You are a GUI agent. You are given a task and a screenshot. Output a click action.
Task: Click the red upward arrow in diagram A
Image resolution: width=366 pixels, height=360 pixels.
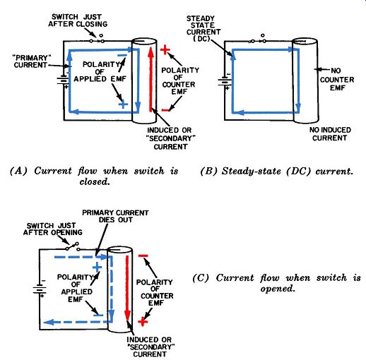pyautogui.click(x=151, y=79)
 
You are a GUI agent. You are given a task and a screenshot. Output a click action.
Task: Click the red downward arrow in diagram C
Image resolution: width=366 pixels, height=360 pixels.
pyautogui.click(x=127, y=287)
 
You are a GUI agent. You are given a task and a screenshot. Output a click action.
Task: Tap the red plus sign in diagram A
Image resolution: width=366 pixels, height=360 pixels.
pyautogui.click(x=165, y=50)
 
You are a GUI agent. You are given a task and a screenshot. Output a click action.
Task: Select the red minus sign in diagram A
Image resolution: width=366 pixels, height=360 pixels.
pyautogui.click(x=165, y=110)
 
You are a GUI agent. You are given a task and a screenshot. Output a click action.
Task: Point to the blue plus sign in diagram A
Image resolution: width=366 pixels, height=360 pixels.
pyautogui.click(x=123, y=104)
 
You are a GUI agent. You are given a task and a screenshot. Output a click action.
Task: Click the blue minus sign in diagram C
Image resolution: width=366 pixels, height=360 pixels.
pyautogui.click(x=98, y=316)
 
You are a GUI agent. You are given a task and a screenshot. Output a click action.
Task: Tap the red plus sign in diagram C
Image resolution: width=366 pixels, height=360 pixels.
pyautogui.click(x=143, y=321)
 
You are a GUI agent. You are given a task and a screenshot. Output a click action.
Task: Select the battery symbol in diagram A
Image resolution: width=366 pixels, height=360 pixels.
pyautogui.click(x=63, y=80)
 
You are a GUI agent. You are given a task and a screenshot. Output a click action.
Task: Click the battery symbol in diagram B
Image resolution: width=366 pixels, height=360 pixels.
pyautogui.click(x=225, y=82)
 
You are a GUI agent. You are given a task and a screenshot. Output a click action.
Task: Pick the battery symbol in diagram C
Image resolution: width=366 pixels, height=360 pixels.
pyautogui.click(x=40, y=289)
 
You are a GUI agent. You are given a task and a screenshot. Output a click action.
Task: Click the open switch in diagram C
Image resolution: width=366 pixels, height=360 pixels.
pyautogui.click(x=73, y=246)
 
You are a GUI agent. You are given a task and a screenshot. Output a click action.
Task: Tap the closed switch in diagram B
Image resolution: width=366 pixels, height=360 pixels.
pyautogui.click(x=258, y=40)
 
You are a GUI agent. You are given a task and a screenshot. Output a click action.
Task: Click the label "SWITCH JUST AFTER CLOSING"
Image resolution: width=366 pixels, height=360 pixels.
pyautogui.click(x=78, y=20)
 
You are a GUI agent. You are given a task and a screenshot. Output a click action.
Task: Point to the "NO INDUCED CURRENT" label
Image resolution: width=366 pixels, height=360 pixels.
pyautogui.click(x=330, y=134)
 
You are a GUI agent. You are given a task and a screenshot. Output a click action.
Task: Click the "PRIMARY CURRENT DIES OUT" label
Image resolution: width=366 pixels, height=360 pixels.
pyautogui.click(x=115, y=216)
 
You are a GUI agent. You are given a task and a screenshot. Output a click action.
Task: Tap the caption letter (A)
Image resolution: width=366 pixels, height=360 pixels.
pyautogui.click(x=18, y=171)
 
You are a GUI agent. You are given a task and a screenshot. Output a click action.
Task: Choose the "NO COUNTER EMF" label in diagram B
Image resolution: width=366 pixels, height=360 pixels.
pyautogui.click(x=337, y=79)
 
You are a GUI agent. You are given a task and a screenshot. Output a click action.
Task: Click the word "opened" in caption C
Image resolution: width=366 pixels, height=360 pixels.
pyautogui.click(x=278, y=289)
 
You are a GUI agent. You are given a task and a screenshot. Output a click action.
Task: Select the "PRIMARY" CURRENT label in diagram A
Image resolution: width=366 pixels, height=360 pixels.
pyautogui.click(x=30, y=61)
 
